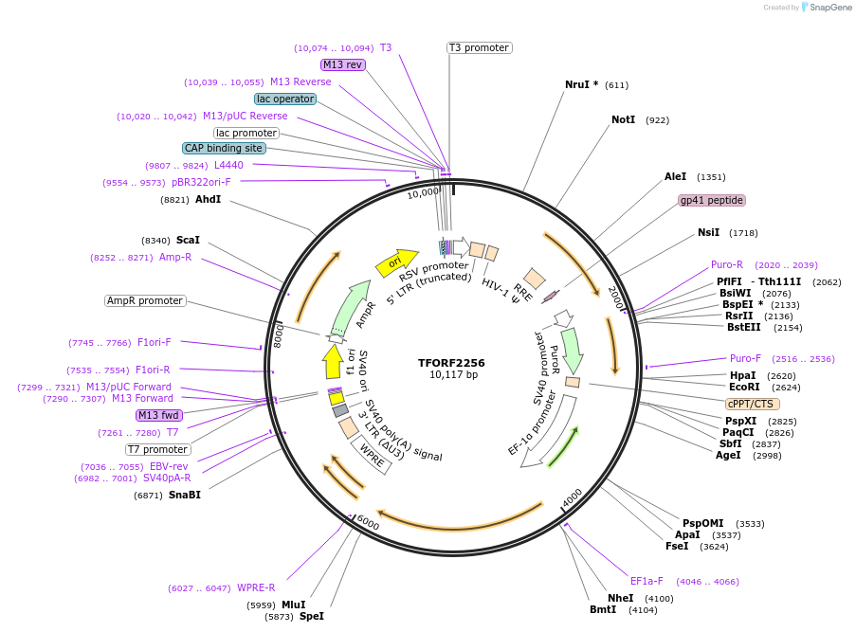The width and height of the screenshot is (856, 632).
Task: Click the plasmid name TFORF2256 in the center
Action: click(x=451, y=362)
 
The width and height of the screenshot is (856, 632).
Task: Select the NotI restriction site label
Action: click(x=624, y=120)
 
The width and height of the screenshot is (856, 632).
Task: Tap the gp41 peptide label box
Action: click(x=712, y=200)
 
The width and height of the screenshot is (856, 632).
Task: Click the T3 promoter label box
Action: click(x=479, y=47)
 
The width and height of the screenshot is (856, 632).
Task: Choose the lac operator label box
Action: click(x=285, y=99)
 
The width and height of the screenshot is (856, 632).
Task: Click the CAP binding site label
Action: click(x=224, y=148)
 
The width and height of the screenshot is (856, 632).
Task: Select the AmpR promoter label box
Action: click(x=145, y=300)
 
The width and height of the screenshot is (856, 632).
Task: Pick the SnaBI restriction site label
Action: click(x=185, y=495)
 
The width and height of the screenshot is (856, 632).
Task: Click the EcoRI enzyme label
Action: click(x=744, y=387)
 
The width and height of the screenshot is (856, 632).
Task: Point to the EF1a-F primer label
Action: click(x=647, y=581)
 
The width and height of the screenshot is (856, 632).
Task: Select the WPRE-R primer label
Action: click(x=256, y=587)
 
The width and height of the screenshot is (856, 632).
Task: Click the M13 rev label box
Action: click(x=342, y=64)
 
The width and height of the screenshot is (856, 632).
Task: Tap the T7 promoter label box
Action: click(x=158, y=449)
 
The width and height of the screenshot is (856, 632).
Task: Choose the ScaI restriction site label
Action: click(x=188, y=241)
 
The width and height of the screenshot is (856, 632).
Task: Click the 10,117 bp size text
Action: click(x=451, y=375)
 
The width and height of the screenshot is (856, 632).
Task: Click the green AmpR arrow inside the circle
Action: click(x=351, y=305)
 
